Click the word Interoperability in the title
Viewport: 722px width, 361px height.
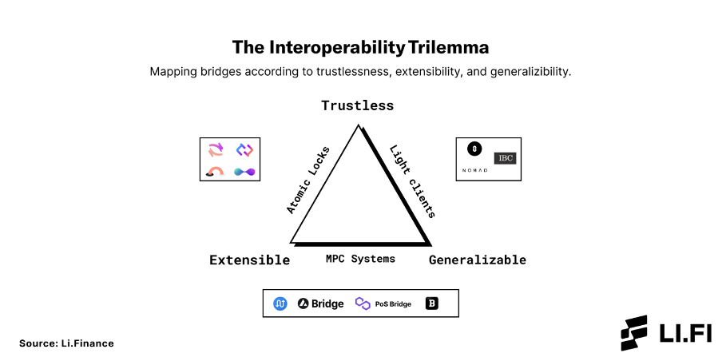tap(335, 48)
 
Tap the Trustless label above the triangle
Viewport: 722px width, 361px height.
tap(357, 105)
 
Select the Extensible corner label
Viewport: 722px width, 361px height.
tap(249, 260)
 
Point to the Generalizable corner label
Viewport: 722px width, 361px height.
tap(478, 260)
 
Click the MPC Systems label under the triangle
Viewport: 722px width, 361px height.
tap(360, 259)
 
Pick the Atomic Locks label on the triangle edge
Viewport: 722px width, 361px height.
tap(308, 180)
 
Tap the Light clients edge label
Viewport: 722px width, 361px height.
tap(413, 181)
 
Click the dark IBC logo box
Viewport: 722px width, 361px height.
tap(505, 158)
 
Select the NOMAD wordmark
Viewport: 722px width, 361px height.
tap(474, 170)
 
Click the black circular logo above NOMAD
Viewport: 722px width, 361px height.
tap(474, 149)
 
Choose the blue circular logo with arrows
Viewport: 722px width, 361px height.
tap(280, 303)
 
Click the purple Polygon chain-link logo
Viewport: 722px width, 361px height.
tap(363, 303)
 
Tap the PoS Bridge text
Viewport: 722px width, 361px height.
tap(393, 304)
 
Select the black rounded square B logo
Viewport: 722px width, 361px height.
tap(431, 303)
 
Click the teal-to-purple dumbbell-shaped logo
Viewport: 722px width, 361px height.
tap(244, 172)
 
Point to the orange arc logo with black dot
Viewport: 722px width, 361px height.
tap(215, 172)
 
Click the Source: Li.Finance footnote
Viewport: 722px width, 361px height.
tap(66, 343)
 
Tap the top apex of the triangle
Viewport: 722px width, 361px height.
tap(358, 125)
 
